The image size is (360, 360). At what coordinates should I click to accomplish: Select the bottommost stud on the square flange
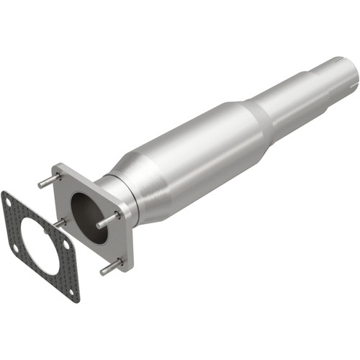click(x=109, y=267)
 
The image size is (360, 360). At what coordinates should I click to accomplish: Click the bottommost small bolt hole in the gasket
click(x=70, y=291)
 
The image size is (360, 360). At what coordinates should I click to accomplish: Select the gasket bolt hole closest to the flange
click(x=65, y=244)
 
